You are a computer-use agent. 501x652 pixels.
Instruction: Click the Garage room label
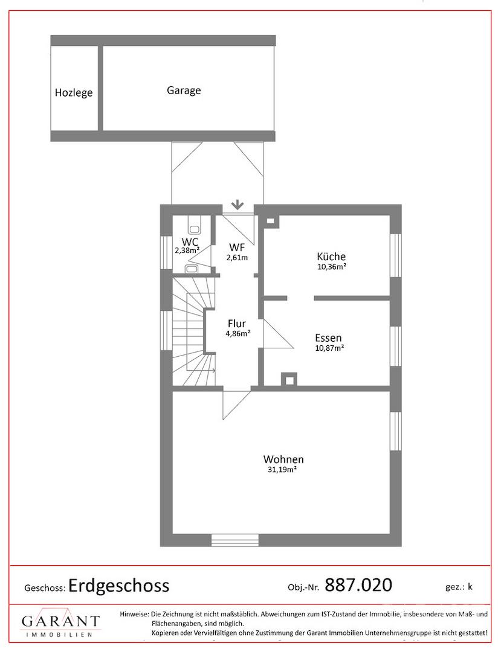tap(184, 91)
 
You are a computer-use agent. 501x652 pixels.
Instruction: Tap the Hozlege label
tap(74, 92)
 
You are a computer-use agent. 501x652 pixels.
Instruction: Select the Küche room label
tap(331, 257)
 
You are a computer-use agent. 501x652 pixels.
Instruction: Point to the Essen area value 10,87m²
tap(329, 348)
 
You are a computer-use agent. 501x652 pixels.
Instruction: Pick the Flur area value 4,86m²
tap(238, 333)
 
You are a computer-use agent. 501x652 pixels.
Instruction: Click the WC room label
tap(190, 242)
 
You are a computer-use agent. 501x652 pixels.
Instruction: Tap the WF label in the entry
tap(236, 248)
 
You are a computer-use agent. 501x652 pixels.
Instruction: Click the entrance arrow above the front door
tap(238, 204)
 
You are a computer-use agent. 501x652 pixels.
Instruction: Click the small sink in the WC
tap(192, 269)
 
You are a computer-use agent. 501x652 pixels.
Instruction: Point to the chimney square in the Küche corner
tap(271, 221)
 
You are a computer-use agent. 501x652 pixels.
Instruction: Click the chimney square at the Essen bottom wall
tap(289, 379)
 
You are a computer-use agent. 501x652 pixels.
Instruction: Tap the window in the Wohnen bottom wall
tap(235, 540)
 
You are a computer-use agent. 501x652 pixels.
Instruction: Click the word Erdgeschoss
tap(119, 586)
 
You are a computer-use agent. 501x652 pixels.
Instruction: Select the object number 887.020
tap(358, 585)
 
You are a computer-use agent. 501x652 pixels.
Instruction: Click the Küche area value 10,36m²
tap(332, 267)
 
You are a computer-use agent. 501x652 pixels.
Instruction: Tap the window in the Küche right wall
tap(396, 255)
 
